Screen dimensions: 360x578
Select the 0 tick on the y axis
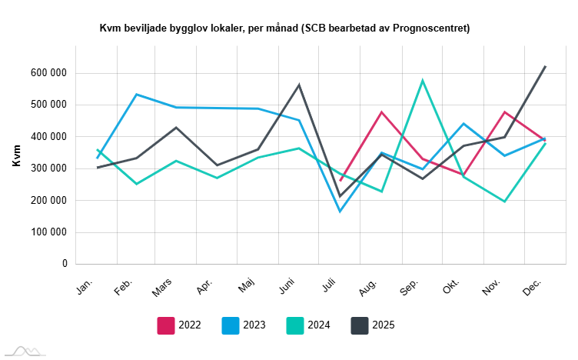point(65,264)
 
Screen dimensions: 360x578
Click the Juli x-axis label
point(328,285)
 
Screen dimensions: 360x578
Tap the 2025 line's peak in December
point(545,66)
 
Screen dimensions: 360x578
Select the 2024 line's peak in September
point(423,80)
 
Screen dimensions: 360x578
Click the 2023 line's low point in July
point(340,212)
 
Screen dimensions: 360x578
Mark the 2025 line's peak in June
point(300,85)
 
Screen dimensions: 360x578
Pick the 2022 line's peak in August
point(381,112)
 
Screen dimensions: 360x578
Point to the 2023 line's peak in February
point(137,95)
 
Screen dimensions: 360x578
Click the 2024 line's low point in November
point(504,202)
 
